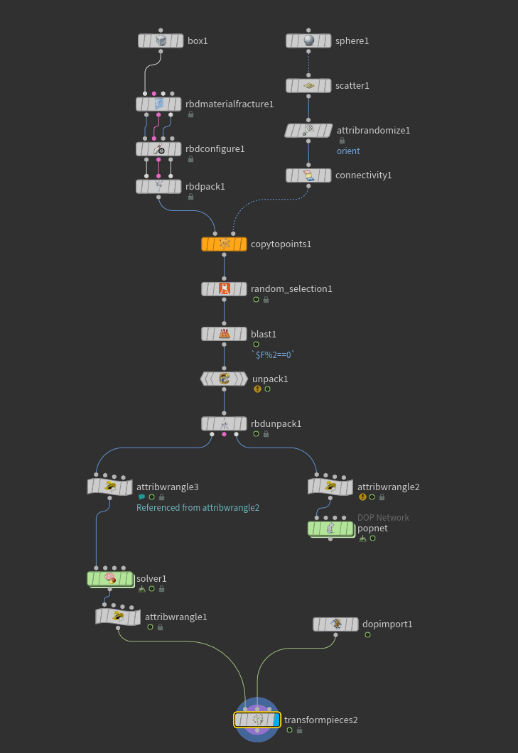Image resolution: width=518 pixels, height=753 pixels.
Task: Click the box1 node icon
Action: coord(161,40)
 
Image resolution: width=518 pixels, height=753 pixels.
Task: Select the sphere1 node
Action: coord(308,40)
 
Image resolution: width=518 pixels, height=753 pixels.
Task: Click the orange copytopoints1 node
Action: coord(224,244)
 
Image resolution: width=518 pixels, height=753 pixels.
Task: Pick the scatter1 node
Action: coord(308,85)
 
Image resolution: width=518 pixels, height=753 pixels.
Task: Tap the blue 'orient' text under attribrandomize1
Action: coord(348,151)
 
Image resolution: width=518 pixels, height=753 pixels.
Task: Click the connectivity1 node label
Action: coord(363,175)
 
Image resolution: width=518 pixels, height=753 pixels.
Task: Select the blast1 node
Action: coord(224,334)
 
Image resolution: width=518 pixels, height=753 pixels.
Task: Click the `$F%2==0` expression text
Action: coord(273,355)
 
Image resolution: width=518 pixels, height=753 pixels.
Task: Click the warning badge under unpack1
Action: coord(257,389)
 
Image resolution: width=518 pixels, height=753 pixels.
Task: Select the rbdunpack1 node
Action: coord(224,423)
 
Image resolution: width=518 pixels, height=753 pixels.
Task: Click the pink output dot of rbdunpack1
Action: coord(224,434)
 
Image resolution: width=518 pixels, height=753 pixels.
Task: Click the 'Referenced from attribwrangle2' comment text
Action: coord(198,508)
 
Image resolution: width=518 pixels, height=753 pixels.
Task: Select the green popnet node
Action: coord(330,529)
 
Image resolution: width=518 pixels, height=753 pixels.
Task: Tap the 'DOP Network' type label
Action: coord(383,518)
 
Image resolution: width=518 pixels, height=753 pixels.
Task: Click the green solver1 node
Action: coord(110,579)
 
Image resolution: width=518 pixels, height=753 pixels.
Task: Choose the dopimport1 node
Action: coord(335,624)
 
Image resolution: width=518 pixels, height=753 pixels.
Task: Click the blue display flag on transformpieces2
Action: coord(276,720)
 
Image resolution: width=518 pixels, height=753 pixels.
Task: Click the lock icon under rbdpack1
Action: coord(190,197)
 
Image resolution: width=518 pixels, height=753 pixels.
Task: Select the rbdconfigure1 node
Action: coord(158,149)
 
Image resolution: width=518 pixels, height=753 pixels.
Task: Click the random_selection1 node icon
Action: coord(225,288)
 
